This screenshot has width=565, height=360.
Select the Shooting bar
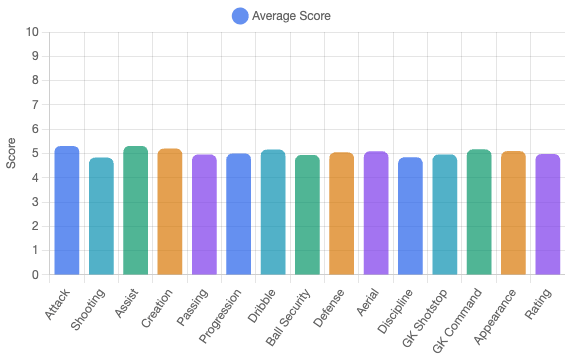[x=101, y=216]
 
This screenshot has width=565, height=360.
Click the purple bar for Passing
[x=204, y=214]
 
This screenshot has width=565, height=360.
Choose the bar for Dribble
[x=273, y=212]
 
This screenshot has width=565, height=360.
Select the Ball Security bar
[x=307, y=215]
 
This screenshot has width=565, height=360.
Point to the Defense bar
[x=341, y=213]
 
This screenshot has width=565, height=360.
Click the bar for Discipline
[x=410, y=216]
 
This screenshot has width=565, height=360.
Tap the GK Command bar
[x=479, y=212]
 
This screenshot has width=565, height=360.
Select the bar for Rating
[x=547, y=214]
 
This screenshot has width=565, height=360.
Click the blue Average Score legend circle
[x=240, y=16]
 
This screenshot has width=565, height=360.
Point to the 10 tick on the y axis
[x=33, y=32]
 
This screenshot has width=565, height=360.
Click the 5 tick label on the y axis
[x=36, y=153]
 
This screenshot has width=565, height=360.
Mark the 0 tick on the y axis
[x=36, y=274]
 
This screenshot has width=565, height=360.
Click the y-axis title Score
[x=12, y=153]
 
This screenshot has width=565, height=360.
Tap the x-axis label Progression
[x=223, y=313]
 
